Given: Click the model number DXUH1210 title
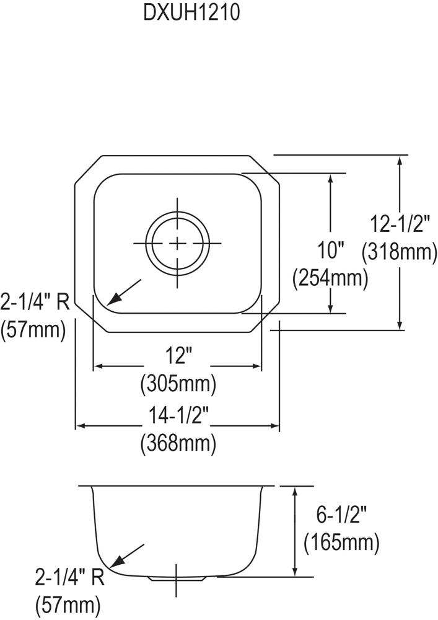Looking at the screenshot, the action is click(x=191, y=12).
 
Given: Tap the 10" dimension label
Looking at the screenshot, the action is click(x=331, y=250).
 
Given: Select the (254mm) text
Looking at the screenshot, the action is click(x=330, y=278).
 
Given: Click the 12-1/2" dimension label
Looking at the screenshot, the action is click(x=400, y=224).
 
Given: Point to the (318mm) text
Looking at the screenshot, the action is click(x=400, y=252).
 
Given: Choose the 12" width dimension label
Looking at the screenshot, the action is click(x=178, y=355).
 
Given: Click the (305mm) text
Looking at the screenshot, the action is click(x=178, y=383).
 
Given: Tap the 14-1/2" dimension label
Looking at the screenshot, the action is click(x=178, y=415).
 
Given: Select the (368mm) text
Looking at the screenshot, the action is click(x=178, y=443).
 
